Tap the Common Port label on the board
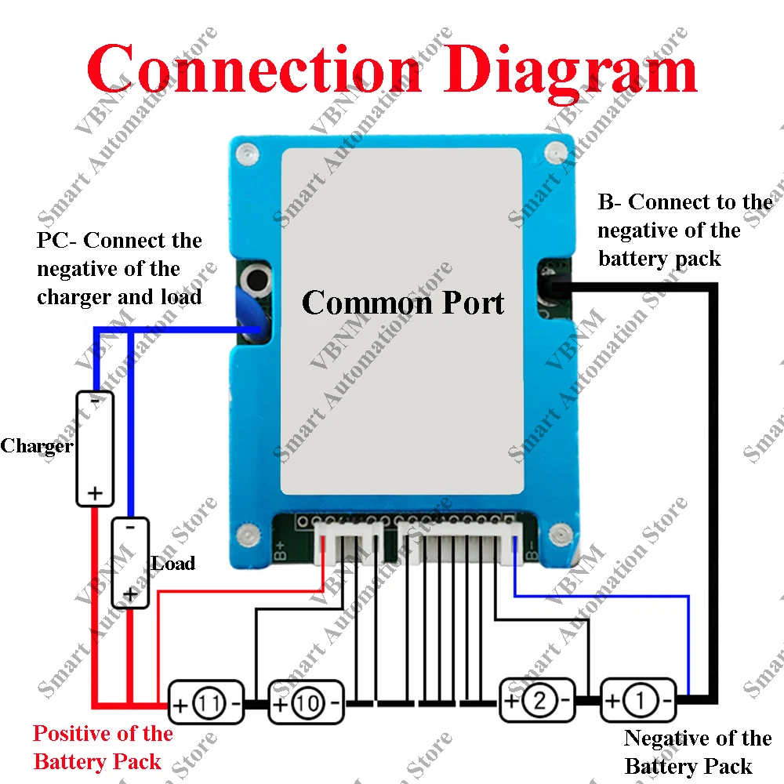click(403, 303)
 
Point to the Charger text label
click(36, 447)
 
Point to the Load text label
click(173, 563)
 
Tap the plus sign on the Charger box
click(95, 493)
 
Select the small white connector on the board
click(349, 543)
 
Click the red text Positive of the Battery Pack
click(102, 747)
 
